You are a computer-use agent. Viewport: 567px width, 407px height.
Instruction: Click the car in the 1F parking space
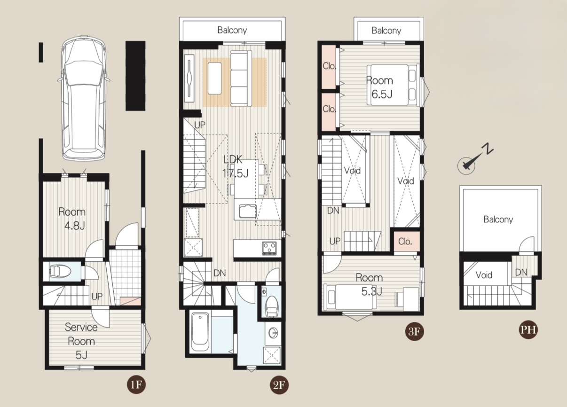pos(84,98)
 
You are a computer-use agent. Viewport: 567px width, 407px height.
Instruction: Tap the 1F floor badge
pos(136,385)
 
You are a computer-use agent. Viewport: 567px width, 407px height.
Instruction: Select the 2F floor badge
pos(279,385)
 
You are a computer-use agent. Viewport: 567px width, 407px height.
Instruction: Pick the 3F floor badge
pos(414,331)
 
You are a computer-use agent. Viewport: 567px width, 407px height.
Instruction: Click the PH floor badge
pos(528,329)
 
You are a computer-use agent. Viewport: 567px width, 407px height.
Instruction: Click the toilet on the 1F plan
pos(60,272)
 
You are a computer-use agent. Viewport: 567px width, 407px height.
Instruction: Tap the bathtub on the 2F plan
pos(200,332)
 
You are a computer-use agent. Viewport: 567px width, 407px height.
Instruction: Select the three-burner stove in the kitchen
pos(269,248)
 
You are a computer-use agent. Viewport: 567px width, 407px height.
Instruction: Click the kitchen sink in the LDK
pos(248,211)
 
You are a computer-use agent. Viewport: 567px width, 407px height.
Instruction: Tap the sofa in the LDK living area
pos(241,78)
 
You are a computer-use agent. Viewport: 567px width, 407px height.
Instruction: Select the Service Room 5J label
pos(81,341)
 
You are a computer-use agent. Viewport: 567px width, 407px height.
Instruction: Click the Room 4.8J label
pos(72,219)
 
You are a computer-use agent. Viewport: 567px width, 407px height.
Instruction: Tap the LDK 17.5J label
pos(235,166)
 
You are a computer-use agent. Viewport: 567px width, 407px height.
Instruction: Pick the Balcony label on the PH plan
pos(498,219)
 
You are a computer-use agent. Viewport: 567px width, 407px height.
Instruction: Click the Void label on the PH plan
pos(484,275)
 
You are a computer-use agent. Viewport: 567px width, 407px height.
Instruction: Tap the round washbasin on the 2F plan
pos(273,333)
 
